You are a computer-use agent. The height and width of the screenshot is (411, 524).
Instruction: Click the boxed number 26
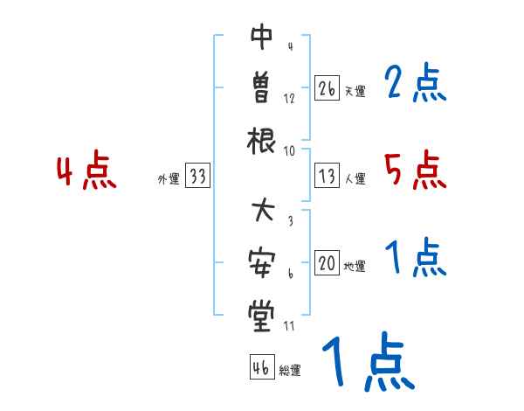(x=327, y=88)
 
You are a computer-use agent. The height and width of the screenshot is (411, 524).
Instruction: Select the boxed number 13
(x=327, y=177)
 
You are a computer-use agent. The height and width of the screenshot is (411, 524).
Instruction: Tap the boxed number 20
(x=327, y=264)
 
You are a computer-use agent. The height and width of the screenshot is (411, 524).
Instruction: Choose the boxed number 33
(x=198, y=177)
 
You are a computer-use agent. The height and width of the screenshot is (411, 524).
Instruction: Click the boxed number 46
(x=260, y=368)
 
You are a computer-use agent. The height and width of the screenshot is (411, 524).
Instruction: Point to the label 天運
(x=355, y=91)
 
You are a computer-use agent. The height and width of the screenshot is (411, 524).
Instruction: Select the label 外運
(x=168, y=179)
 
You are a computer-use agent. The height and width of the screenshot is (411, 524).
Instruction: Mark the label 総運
(x=290, y=371)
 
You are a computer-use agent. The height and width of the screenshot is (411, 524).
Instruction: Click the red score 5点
(x=415, y=171)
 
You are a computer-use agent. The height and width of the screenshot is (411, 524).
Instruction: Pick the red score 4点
(x=86, y=171)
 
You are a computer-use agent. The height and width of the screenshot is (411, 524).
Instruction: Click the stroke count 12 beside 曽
(x=289, y=99)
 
